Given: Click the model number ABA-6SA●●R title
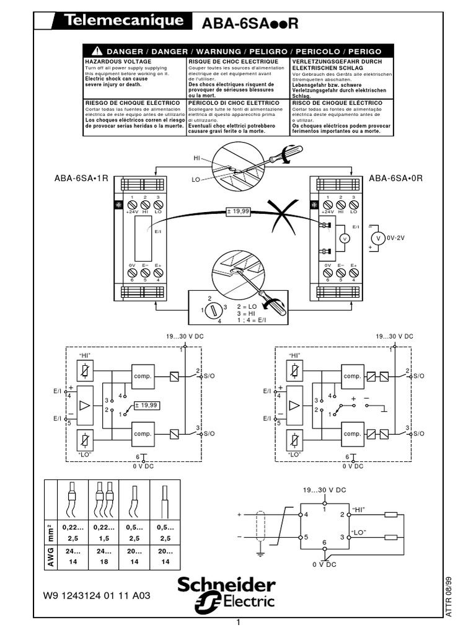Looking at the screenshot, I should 251,24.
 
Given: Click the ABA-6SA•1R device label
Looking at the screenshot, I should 81,178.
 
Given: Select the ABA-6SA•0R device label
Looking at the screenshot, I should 395,178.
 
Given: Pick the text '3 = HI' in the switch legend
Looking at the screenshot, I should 248,314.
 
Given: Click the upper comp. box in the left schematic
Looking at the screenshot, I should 142,376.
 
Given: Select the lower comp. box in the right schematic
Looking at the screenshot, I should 352,435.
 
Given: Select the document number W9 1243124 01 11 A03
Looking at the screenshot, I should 96,595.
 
